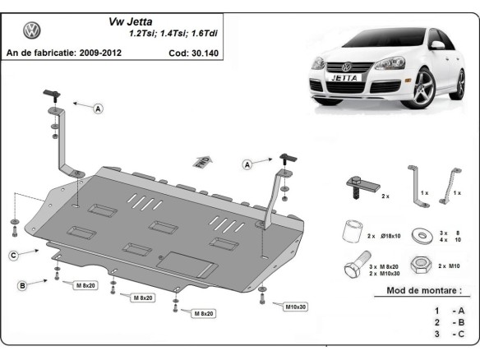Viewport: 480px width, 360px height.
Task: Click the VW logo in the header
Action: pos(32,32)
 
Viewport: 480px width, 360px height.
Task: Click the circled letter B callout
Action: pos(23,285)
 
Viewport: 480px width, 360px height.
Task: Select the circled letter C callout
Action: pos(14,256)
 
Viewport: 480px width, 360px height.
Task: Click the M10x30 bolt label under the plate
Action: pos(297,307)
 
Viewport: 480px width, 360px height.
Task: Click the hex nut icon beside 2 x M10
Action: pos(422,264)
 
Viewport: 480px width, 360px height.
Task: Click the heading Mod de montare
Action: pos(424,290)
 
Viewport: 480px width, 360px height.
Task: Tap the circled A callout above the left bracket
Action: pos(99,108)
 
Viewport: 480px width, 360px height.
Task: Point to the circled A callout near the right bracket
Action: pos(247,164)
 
